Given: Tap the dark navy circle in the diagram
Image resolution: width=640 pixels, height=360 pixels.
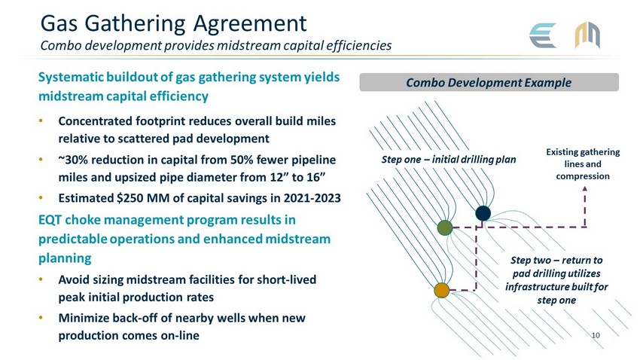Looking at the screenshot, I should pos(483,213).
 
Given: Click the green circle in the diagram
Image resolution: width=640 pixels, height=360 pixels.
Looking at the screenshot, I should pos(445,227).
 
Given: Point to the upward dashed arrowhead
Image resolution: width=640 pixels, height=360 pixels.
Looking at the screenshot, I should pos(585,191).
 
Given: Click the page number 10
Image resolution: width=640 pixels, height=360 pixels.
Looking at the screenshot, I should pos(598,334).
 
